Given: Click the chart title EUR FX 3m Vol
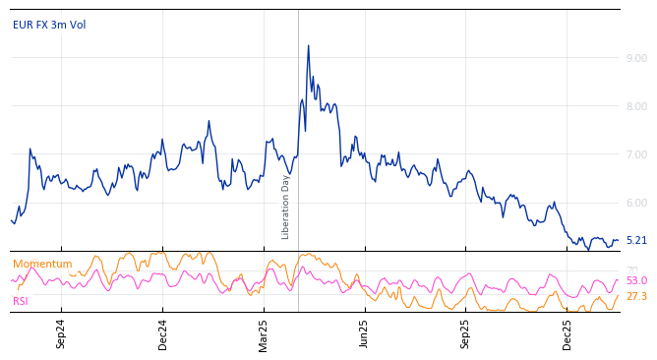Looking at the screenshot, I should [x=49, y=25].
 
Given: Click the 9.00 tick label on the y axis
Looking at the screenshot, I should [x=636, y=58].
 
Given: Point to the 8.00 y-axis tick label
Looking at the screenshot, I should [x=636, y=106].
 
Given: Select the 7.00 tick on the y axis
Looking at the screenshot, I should [x=636, y=154].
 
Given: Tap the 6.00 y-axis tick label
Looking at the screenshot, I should [x=636, y=203].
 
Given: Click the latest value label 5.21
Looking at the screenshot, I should [x=636, y=240].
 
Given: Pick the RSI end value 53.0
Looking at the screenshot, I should [x=636, y=281].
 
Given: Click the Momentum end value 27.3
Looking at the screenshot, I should [x=636, y=296].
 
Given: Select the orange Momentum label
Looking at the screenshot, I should [x=42, y=264].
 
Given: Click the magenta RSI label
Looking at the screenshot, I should [x=21, y=301].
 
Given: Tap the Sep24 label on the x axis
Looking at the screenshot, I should [x=61, y=334].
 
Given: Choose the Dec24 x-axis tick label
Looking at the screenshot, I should [x=163, y=334].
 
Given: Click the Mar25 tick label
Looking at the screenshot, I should [x=264, y=334].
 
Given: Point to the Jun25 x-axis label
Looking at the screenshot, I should [x=364, y=334].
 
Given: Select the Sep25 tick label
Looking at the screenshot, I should [x=465, y=334].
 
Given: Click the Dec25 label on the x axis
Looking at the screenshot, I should [x=567, y=334].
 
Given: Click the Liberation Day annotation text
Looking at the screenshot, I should [x=286, y=207].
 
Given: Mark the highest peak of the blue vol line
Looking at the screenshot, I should [x=308, y=45].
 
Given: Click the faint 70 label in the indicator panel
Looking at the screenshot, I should [x=631, y=270].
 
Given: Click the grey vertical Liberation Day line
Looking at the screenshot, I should [x=298, y=128].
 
